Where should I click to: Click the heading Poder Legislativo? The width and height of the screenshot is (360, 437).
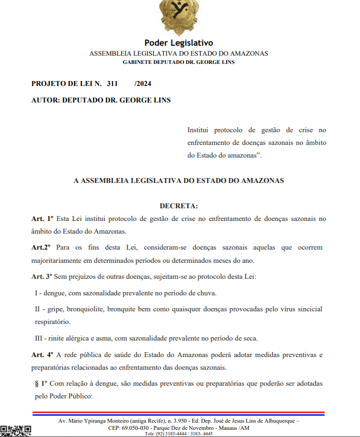[x=179, y=43]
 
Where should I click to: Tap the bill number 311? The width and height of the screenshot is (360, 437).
[x=112, y=84]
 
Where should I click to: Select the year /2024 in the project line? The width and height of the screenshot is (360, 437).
[x=142, y=84]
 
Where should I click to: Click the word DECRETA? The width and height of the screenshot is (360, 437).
[x=178, y=206]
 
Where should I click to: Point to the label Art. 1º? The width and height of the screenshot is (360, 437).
[x=42, y=219]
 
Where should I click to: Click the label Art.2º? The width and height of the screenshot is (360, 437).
[x=41, y=247]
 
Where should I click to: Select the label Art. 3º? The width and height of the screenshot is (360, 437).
[x=42, y=276]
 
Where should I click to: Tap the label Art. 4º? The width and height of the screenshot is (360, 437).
[x=42, y=354]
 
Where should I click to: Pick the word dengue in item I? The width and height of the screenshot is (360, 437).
[x=54, y=293]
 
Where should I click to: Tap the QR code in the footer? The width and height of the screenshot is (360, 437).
[x=15, y=430]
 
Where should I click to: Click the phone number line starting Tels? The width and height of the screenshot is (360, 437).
[x=179, y=434]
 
